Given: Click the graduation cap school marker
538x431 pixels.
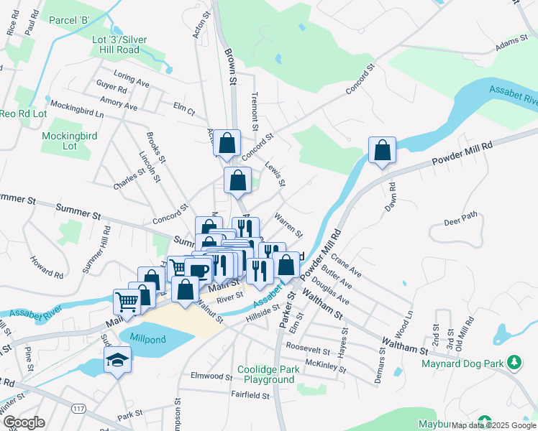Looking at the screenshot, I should (117, 360).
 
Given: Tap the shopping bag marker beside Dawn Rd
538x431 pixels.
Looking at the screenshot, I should (382, 151).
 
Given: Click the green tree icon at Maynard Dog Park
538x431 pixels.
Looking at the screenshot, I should (514, 361).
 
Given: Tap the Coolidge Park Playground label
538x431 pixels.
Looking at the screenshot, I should (268, 374).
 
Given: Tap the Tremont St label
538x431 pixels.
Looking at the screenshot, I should (254, 111).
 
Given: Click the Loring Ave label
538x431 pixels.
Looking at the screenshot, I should (132, 78).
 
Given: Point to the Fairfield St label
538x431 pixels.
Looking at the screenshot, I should (250, 395).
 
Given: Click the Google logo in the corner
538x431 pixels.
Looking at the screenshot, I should (24, 422).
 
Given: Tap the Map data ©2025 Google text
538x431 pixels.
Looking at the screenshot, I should (493, 425).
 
